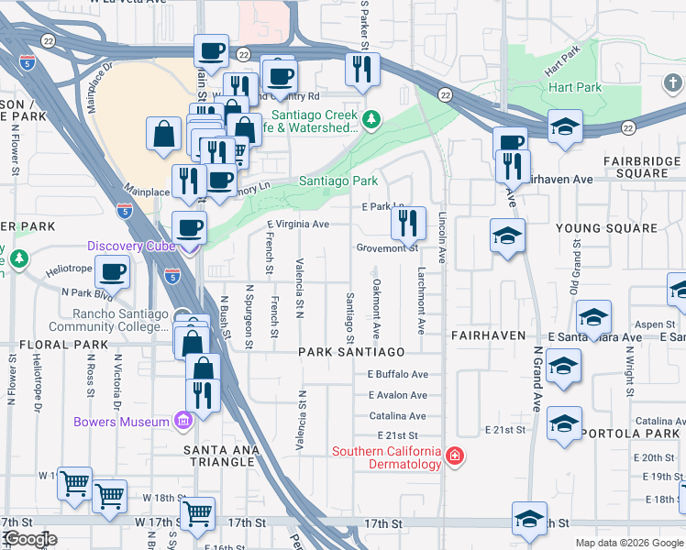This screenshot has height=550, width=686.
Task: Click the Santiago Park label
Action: (x=338, y=181)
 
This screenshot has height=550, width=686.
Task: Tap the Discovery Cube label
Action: (x=129, y=246)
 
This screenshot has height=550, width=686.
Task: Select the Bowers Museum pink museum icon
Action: (x=183, y=421)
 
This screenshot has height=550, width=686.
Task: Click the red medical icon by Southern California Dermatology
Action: (x=453, y=456)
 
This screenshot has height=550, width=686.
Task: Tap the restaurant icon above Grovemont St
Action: (x=408, y=224)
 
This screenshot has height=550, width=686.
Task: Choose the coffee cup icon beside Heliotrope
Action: (x=112, y=272)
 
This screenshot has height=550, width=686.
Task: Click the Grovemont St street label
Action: (x=387, y=248)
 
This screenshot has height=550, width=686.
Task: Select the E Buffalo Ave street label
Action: (x=398, y=374)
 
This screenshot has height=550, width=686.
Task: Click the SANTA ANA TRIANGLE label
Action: (x=219, y=456)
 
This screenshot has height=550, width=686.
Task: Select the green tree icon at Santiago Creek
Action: (x=371, y=119)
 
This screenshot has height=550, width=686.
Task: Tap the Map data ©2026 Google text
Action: (x=628, y=543)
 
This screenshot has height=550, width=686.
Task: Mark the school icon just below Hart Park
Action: (x=565, y=128)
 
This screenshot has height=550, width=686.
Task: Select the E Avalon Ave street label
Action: (x=398, y=395)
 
